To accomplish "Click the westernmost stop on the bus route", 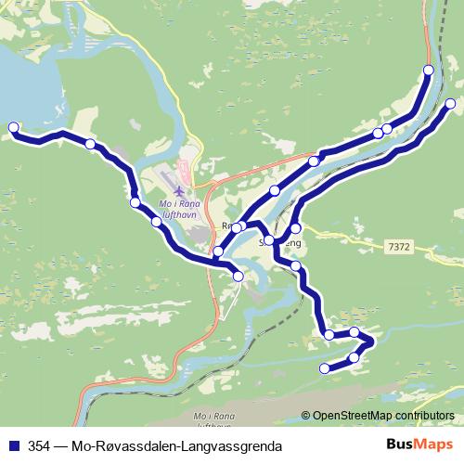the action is point(13,127).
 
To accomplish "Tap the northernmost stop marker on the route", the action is point(429,71).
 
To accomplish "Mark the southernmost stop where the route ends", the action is point(325,368).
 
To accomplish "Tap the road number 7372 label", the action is point(397,247).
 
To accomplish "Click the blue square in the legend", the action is point(14,445).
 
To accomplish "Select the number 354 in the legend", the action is point(40,445).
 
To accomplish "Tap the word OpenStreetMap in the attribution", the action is point(352,415).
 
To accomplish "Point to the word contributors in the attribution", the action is point(423,415).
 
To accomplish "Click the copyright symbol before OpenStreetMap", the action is point(305,415).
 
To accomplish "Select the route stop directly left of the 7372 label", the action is point(296,228).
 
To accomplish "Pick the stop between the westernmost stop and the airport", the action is point(90,144).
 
